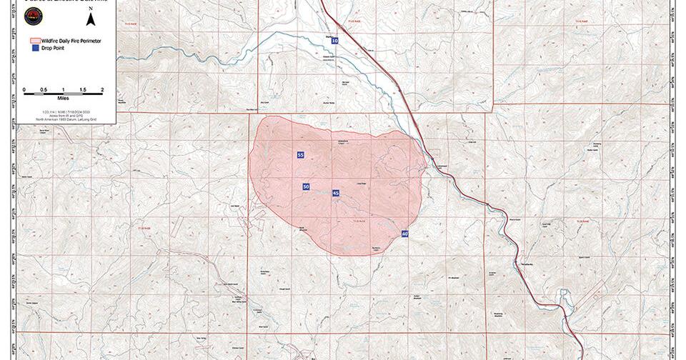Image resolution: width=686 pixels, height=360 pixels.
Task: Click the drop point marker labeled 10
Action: (x=334, y=41)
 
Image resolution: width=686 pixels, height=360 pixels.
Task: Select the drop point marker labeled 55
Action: (x=301, y=155)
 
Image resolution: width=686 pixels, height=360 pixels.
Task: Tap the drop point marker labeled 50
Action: (x=306, y=186)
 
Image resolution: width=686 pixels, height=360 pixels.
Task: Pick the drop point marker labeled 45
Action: (x=336, y=193)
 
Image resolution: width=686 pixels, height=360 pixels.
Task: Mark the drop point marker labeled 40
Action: (x=404, y=234)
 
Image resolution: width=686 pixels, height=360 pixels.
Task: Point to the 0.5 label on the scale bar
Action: (x=44, y=89)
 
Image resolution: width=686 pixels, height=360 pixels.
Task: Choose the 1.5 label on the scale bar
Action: (x=82, y=89)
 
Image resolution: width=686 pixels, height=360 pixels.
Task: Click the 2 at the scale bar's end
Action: (x=101, y=89)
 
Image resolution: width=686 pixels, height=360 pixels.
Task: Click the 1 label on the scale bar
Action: (x=63, y=89)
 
